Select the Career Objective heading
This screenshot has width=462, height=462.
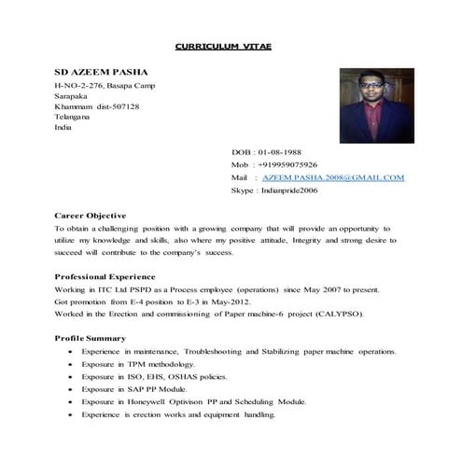click(91, 215)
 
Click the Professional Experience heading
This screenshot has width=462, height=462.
click(105, 276)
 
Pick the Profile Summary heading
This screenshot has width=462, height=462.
click(90, 337)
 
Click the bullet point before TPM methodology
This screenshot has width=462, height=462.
click(70, 364)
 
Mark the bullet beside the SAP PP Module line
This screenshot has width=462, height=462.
click(70, 388)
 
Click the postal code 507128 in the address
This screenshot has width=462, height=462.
click(123, 106)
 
